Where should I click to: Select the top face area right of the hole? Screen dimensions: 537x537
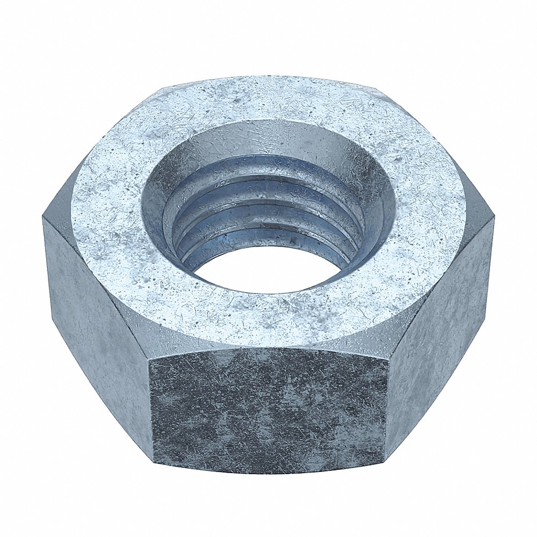point(430,215)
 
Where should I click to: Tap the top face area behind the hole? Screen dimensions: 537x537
point(268,99)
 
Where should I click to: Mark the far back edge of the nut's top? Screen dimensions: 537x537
point(268,77)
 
